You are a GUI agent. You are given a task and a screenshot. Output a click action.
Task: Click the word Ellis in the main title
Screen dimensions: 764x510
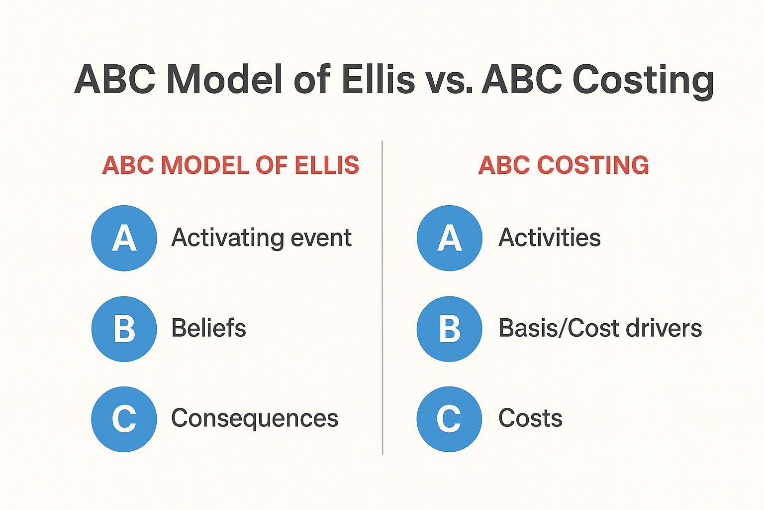378,79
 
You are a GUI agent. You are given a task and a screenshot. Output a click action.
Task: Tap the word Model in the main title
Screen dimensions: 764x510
225,79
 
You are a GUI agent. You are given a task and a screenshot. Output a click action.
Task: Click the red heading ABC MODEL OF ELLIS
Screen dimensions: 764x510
231,165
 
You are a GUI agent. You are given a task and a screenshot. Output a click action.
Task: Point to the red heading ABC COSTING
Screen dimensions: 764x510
564,165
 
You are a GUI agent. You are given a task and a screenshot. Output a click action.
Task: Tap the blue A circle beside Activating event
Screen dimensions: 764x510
124,238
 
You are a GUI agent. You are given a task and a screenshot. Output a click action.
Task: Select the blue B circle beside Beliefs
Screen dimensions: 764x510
124,329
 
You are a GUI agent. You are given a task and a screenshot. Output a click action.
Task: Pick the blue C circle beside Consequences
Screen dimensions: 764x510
124,419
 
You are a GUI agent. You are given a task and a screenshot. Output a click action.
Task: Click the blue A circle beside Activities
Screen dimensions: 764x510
450,238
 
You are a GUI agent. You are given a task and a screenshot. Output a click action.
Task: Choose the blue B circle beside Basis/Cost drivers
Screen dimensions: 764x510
450,329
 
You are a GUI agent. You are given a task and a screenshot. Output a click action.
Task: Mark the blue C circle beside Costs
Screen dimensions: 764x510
450,419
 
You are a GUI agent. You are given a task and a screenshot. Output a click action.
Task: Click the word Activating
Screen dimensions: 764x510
228,239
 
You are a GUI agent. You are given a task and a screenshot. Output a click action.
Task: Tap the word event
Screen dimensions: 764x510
321,239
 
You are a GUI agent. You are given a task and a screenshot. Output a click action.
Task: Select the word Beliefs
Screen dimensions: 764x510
208,328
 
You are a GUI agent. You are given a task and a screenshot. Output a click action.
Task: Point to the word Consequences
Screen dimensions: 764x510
255,419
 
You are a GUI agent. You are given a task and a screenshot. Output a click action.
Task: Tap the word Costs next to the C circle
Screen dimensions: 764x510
530,418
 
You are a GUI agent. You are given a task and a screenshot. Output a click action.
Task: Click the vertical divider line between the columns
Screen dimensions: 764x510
382,297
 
